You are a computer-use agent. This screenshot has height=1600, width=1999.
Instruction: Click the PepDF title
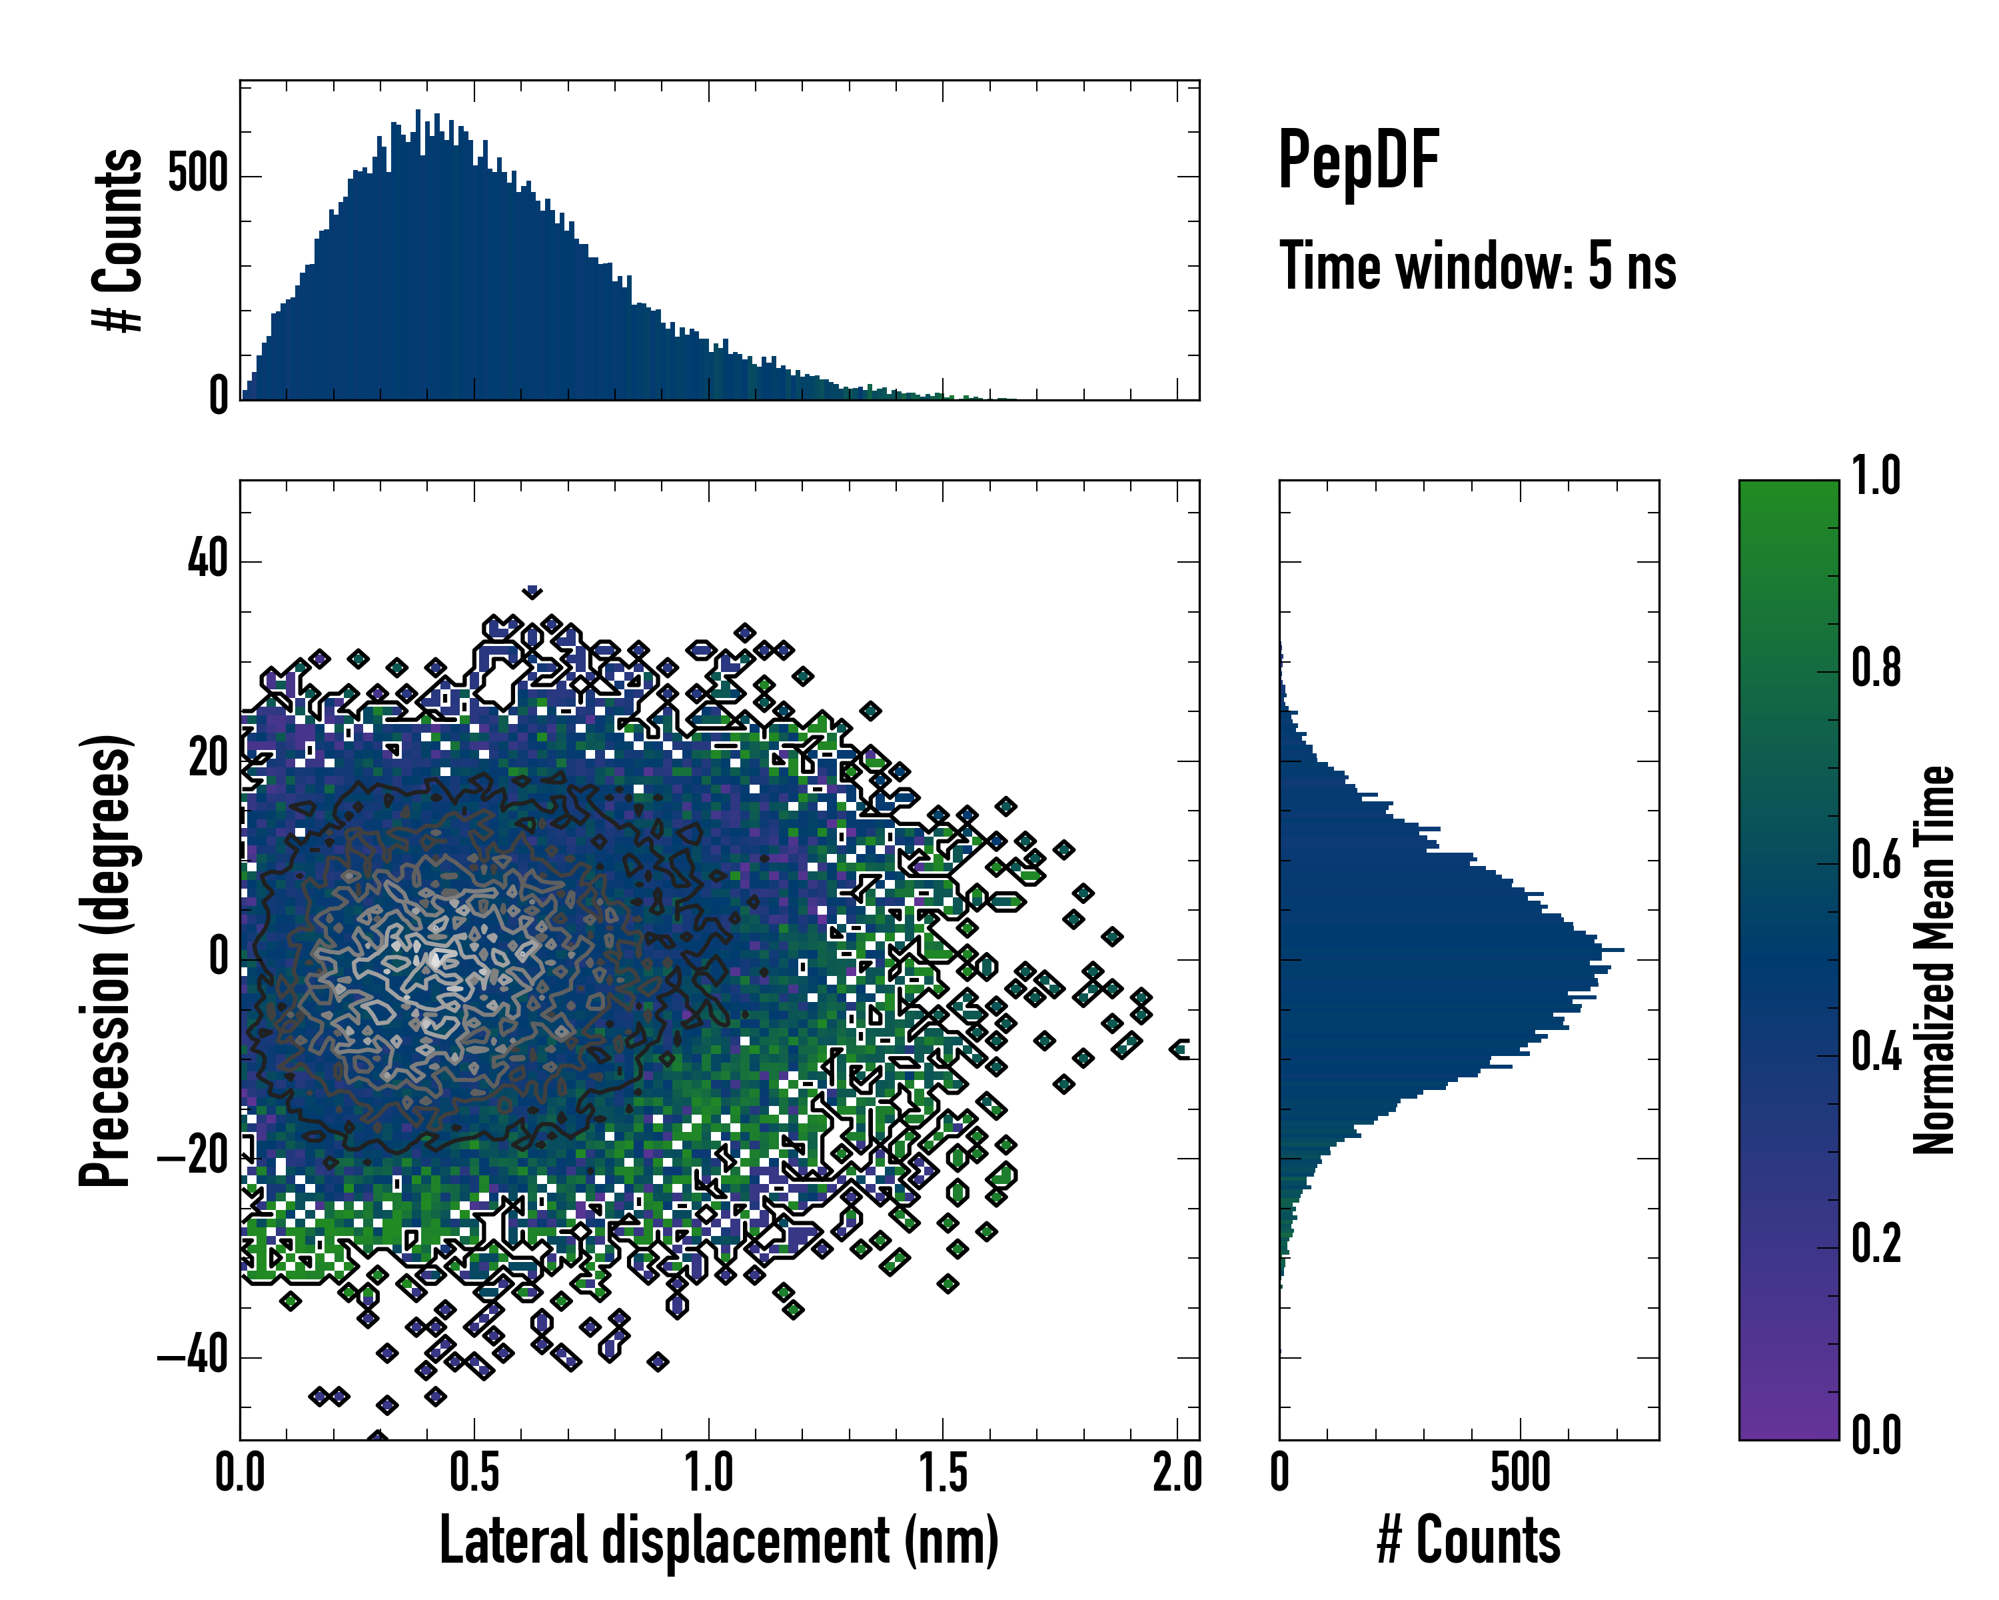pos(1358,161)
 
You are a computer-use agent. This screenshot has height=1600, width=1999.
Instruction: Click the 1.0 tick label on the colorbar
pos(1876,476)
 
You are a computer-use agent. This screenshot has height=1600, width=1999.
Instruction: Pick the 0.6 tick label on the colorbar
pos(1876,860)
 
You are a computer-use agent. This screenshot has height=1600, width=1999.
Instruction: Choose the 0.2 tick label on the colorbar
pos(1876,1244)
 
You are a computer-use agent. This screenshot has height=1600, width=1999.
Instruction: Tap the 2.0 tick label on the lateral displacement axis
pos(1177,1473)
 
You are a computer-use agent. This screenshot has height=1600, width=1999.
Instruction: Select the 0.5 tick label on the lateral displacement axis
pos(474,1473)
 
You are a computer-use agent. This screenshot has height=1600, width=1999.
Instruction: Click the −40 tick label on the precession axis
pos(192,1356)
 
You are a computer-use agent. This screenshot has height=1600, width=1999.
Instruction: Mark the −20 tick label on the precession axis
pos(192,1157)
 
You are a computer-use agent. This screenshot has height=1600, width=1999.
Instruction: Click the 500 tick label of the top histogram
pos(197,175)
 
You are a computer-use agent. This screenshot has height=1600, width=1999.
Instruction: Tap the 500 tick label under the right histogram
pos(1521,1473)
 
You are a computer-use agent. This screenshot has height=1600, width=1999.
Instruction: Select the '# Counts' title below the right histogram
pos(1469,1541)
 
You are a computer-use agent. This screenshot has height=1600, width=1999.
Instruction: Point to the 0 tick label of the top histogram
pos(219,397)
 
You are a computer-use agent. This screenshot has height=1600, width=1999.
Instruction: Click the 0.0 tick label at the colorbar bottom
pos(1876,1436)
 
